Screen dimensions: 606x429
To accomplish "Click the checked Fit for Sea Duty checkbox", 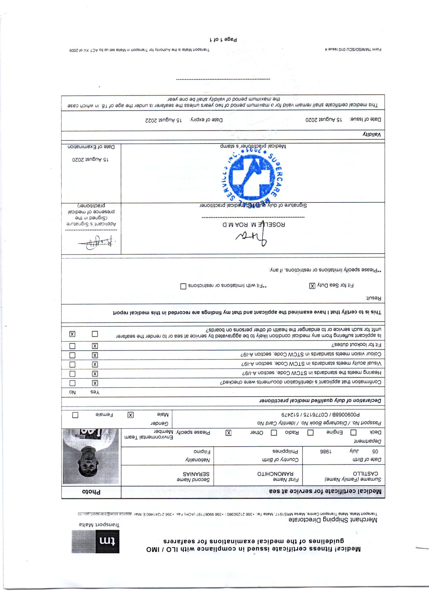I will tap(312, 286).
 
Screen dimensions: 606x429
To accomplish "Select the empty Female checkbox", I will tap(75, 415).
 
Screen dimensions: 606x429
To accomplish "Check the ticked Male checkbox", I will tap(130, 415).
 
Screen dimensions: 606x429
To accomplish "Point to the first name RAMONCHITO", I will tap(275, 474).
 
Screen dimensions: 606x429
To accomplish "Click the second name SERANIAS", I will tap(196, 474).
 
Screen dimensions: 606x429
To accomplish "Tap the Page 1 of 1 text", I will tap(223, 40).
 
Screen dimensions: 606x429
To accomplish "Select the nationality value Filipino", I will tap(202, 452).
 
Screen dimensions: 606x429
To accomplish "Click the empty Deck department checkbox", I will tap(353, 433).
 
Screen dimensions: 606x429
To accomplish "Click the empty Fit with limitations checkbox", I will tap(183, 286).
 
